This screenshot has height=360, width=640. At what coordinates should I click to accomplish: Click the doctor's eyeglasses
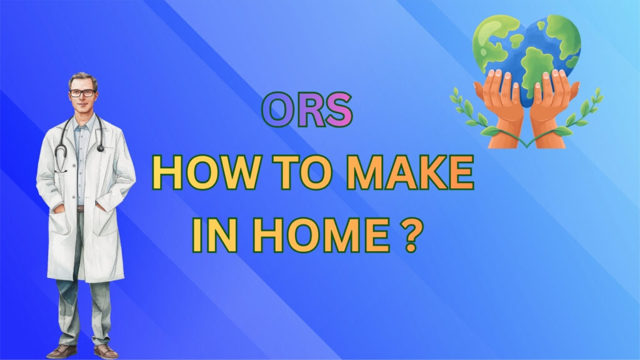[x=82, y=93]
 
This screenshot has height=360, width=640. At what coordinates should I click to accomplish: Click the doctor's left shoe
[x=104, y=351]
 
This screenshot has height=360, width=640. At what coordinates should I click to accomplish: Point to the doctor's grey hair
[x=82, y=79]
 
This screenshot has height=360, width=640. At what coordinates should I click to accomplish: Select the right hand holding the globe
[x=553, y=106]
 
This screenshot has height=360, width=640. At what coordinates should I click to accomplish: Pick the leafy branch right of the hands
[x=584, y=111]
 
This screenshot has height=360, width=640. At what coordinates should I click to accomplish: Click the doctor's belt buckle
[x=81, y=208]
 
